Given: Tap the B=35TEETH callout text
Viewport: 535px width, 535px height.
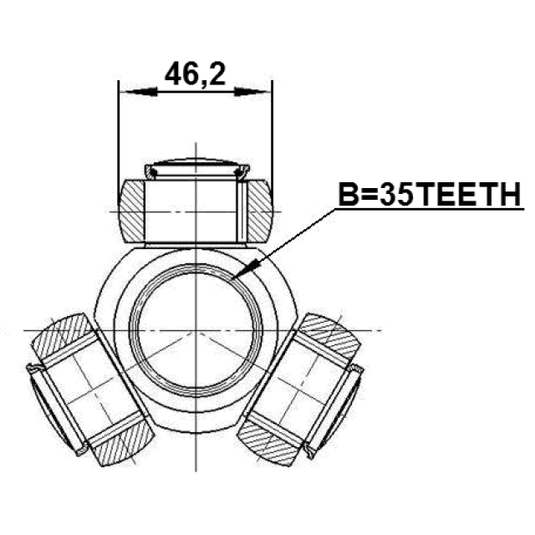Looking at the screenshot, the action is (x=430, y=195).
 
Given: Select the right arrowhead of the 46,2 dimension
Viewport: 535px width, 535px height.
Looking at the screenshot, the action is (x=251, y=91).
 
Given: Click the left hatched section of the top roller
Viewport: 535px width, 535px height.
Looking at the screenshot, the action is (x=132, y=211).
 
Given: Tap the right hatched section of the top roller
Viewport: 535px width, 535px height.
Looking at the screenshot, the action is (x=260, y=211).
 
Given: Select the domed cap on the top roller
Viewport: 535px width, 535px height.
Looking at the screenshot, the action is (x=197, y=169).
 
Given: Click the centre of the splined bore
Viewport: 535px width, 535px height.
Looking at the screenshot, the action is (x=196, y=330).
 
